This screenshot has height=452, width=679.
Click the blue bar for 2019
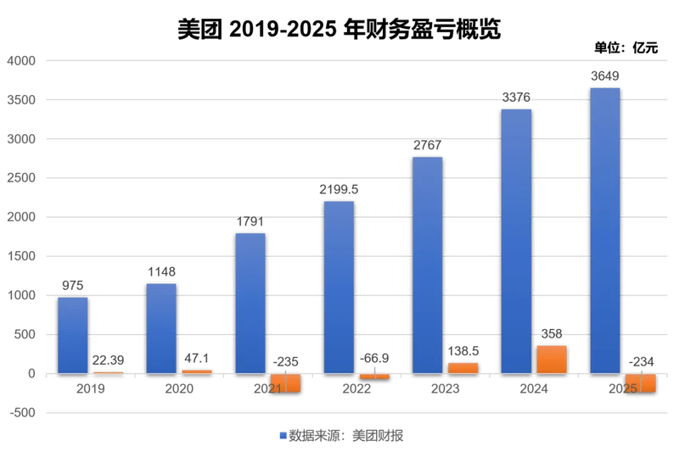coord(73,335)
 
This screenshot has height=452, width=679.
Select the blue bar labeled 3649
coord(605,231)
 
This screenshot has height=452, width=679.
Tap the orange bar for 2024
coord(552,360)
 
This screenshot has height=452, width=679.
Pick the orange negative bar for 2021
coord(285,382)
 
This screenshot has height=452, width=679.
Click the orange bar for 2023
coord(463,368)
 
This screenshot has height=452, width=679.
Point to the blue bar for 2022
coord(339,287)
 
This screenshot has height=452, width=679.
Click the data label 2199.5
coord(339,189)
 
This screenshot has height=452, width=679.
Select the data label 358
coord(552,334)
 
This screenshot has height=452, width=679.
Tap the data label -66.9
coord(374,358)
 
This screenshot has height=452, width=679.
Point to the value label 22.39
coord(108,360)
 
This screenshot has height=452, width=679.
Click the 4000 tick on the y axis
coord(21,61)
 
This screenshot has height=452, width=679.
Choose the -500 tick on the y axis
coord(23,413)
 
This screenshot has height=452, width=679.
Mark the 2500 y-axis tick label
coord(21,178)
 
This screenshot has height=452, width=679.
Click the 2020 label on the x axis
coord(179,388)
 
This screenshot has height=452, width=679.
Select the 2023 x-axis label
coord(445,388)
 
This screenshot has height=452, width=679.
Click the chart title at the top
coord(339,29)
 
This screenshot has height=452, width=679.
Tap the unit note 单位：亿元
coord(626,47)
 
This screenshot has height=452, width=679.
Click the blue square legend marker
coord(283,436)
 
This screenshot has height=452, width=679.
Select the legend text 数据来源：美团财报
coord(346,436)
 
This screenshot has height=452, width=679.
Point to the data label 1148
coord(161,271)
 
